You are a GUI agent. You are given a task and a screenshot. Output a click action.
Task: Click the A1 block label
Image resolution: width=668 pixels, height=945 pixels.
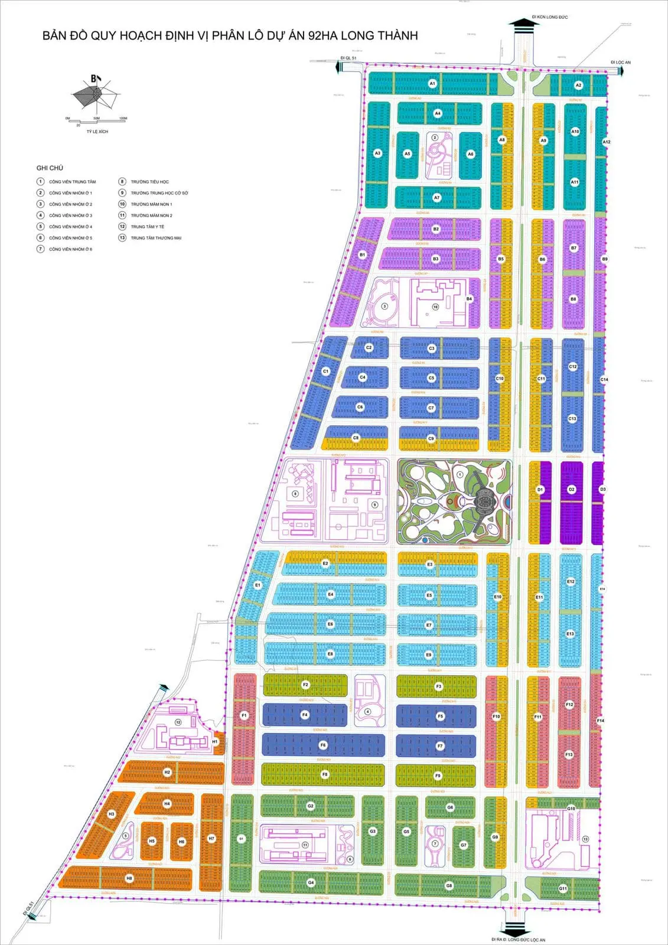pyautogui.click(x=432, y=84)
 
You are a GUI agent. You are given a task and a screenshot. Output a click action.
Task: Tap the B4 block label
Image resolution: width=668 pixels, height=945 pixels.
pyautogui.click(x=469, y=299)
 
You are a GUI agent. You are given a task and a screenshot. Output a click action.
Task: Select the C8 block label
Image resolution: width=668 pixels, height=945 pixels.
pyautogui.click(x=356, y=438)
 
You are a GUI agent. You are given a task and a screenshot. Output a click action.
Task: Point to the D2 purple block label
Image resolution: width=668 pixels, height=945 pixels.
pyautogui.click(x=571, y=490)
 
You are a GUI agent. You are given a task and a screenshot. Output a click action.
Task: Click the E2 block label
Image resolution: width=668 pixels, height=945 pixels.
pyautogui.click(x=325, y=563)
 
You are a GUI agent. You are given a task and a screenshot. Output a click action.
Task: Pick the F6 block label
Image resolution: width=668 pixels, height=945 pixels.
pyautogui.click(x=322, y=745)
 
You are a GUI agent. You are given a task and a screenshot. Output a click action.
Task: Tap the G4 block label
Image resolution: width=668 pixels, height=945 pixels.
pyautogui.click(x=311, y=882)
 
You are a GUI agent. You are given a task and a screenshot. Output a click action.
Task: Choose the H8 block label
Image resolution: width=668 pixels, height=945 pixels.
pyautogui.click(x=129, y=878)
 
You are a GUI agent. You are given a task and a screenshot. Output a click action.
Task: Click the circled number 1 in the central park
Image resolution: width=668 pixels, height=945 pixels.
pyautogui.click(x=460, y=474)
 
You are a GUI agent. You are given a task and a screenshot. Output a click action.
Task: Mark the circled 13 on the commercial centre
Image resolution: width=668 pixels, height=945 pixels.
pyautogui.click(x=585, y=839)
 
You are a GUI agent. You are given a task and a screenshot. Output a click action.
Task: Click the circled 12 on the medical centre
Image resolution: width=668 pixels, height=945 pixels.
pyautogui.click(x=178, y=722)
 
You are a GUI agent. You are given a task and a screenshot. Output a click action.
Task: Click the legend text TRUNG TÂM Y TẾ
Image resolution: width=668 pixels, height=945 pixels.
pyautogui.click(x=148, y=227)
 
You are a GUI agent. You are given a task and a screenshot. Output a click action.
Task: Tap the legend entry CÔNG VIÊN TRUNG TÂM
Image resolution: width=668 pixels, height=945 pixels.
pyautogui.click(x=72, y=182)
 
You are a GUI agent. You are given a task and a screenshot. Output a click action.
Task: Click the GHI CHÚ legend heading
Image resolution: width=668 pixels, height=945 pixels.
pyautogui.click(x=50, y=168)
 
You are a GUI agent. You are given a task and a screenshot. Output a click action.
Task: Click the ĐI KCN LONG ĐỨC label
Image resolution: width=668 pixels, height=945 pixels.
pyautogui.click(x=549, y=17)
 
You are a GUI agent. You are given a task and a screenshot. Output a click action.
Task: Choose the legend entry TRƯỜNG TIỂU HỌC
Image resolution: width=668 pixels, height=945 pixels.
pyautogui.click(x=149, y=182)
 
